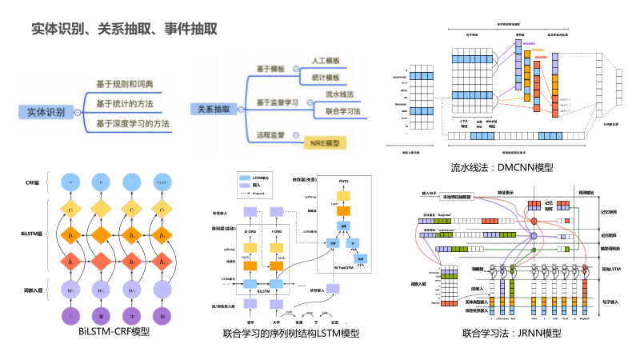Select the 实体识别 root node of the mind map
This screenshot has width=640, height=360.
[x=46, y=113]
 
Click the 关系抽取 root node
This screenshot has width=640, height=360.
[x=214, y=109]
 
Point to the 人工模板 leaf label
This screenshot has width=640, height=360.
[x=326, y=62]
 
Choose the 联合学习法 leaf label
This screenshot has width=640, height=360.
[x=342, y=110]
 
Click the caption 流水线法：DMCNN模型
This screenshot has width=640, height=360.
[x=502, y=168]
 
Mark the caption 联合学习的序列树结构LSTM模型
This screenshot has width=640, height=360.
[x=291, y=332]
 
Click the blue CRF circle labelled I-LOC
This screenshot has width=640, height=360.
[x=162, y=183]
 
